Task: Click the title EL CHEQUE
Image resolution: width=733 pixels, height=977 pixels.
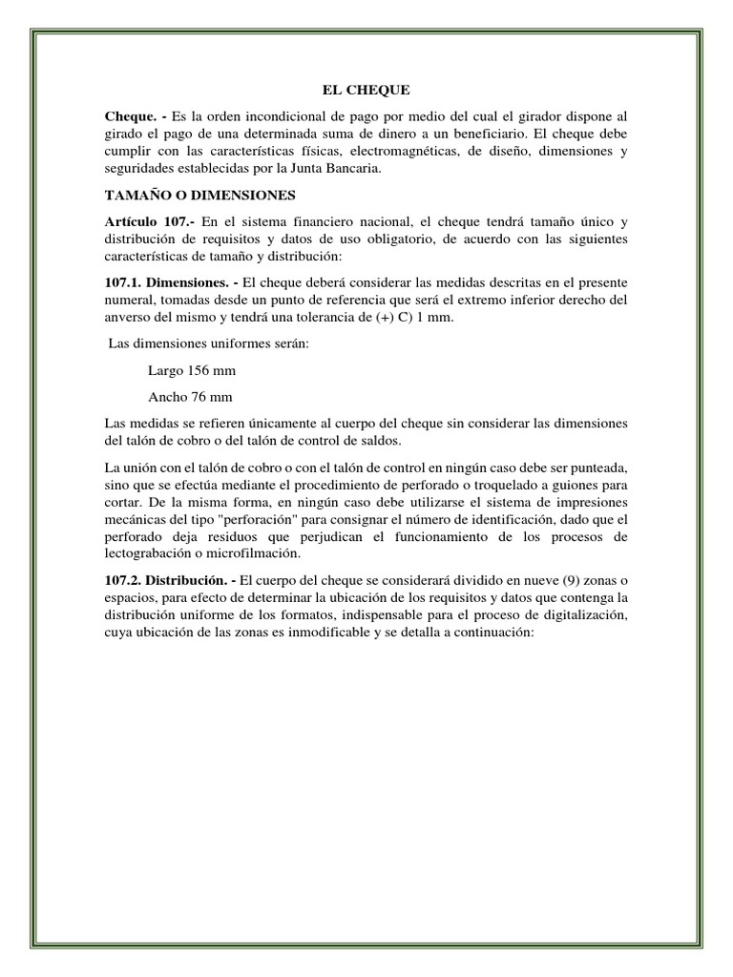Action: point(366,91)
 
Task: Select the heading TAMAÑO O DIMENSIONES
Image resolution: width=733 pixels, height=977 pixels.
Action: point(200,196)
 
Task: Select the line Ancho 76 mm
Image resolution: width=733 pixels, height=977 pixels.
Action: point(191,396)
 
